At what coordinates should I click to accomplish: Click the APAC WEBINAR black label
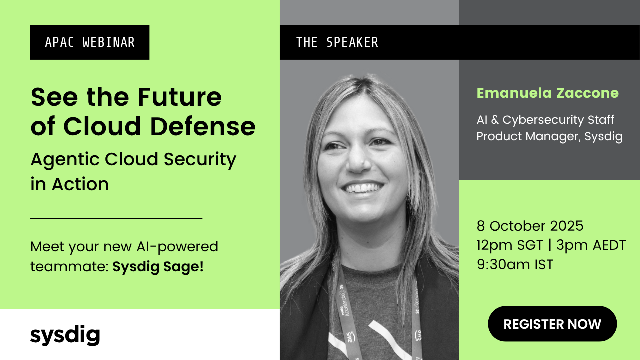pos(90,42)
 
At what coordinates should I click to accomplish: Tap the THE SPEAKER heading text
pos(337,42)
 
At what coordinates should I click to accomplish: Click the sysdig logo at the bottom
pos(65,335)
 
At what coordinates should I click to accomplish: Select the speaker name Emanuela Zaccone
pos(547,93)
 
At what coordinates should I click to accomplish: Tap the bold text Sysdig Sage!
pos(158,267)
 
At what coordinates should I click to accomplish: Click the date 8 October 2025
pos(530,226)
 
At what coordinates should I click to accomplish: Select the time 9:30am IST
pos(515,264)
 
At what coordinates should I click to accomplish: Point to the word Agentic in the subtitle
pos(64,159)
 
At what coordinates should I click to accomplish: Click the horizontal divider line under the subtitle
pos(116,218)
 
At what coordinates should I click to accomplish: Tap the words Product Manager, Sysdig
pos(549,137)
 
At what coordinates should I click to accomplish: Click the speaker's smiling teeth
pos(363,189)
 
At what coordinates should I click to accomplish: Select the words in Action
pos(69,184)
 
